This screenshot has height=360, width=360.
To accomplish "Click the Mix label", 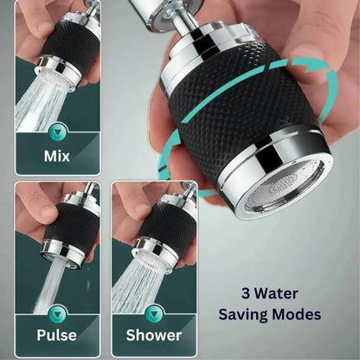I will pos(57,156).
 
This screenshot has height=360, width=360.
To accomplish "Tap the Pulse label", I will pos(57,334).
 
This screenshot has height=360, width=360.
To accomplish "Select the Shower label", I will pos(155,334).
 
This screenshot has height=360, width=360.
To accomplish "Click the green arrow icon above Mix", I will pos(57,132).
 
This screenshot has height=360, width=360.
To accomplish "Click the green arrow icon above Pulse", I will pos(57,311).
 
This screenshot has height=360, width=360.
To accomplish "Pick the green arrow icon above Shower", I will pos(154,311).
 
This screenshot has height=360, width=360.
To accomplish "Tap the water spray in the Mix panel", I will pos(35,104).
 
